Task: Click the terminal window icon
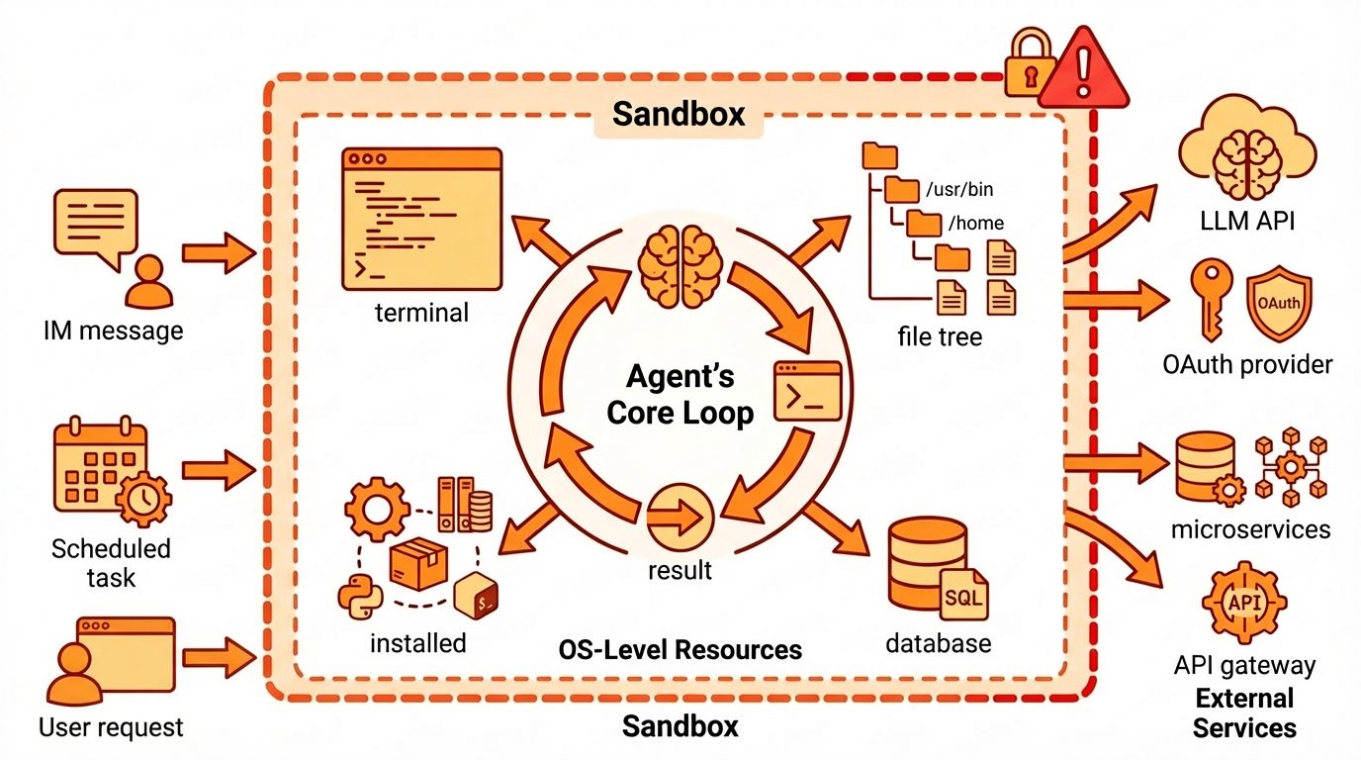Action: click(x=420, y=220)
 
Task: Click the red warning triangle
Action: click(x=1083, y=72)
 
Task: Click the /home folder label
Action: click(x=975, y=223)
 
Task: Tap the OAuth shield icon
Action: click(x=1280, y=301)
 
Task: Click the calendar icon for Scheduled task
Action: click(x=102, y=464)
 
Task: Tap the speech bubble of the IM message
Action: click(x=95, y=225)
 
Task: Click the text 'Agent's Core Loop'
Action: click(x=680, y=394)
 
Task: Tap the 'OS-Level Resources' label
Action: click(x=680, y=650)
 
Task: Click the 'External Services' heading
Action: click(x=1244, y=713)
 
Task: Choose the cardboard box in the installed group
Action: click(x=417, y=564)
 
